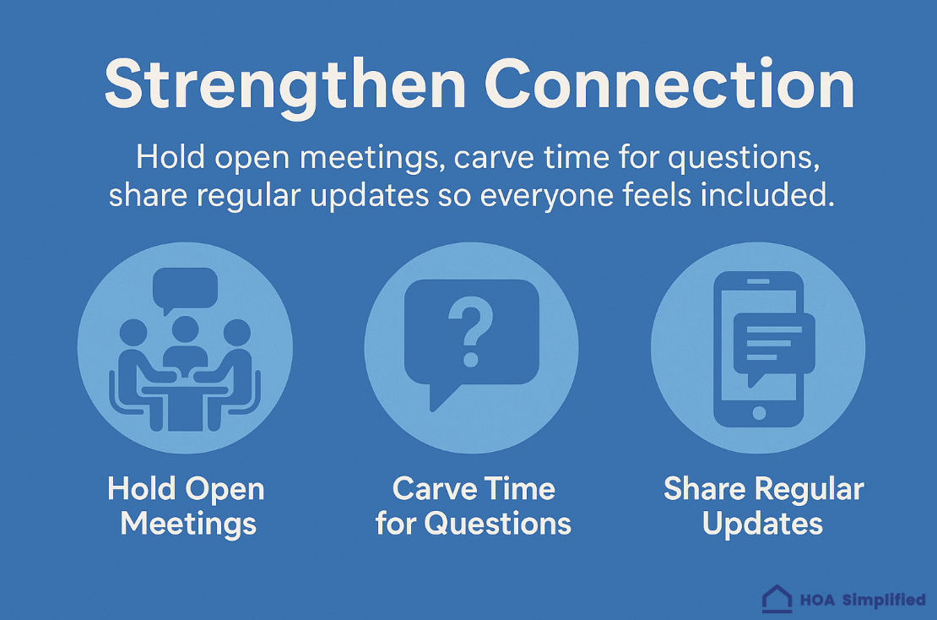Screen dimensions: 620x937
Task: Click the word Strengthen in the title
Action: click(x=284, y=84)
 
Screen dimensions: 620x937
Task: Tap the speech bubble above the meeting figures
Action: click(x=185, y=289)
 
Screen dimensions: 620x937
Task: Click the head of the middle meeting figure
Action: click(x=185, y=329)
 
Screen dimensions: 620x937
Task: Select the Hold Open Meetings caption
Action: click(x=187, y=506)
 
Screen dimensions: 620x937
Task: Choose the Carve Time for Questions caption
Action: click(x=473, y=506)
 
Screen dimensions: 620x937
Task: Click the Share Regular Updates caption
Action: click(x=763, y=506)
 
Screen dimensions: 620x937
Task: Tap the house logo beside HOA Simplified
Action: click(x=777, y=599)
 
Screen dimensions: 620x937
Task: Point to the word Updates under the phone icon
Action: click(x=762, y=524)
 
